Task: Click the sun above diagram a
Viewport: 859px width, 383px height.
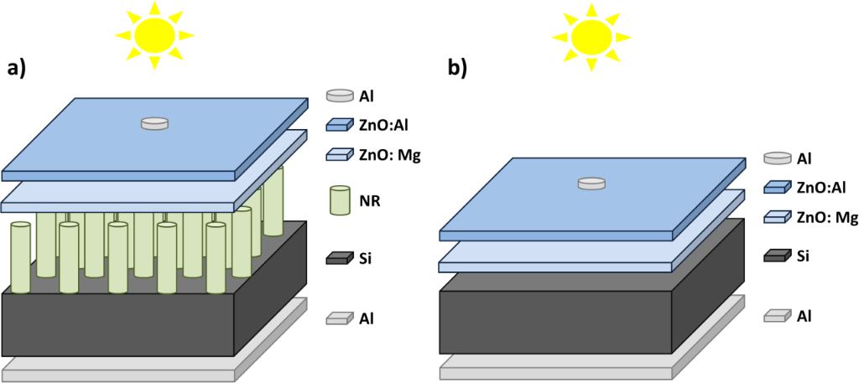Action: [x=155, y=34]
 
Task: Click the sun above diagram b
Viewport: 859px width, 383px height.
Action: [x=591, y=34]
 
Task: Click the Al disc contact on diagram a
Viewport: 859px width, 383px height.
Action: [x=154, y=123]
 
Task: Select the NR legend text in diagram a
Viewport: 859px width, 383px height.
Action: [x=370, y=201]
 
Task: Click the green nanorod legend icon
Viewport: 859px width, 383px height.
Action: [x=340, y=202]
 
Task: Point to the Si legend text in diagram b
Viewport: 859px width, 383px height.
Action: [x=804, y=254]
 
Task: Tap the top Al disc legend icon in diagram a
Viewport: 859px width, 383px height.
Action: [x=340, y=96]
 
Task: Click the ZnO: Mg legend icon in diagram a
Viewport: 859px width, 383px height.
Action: [x=340, y=155]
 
